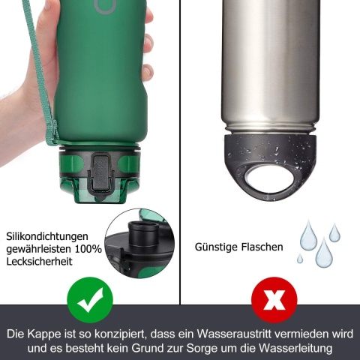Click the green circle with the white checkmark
pos(90,300)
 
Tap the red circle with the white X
pos(274,300)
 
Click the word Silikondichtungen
pos(47,236)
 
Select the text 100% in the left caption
pos(88,249)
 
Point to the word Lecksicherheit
pos(39,262)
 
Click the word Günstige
pos(216,247)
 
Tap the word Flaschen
pos(262,247)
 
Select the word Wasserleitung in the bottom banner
pos(295,348)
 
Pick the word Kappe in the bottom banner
pos(44,334)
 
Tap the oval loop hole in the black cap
pos(269,178)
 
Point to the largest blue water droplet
pos(324,253)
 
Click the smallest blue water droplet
pos(300,259)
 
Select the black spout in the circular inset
pos(143,232)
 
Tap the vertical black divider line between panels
pos(180,152)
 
